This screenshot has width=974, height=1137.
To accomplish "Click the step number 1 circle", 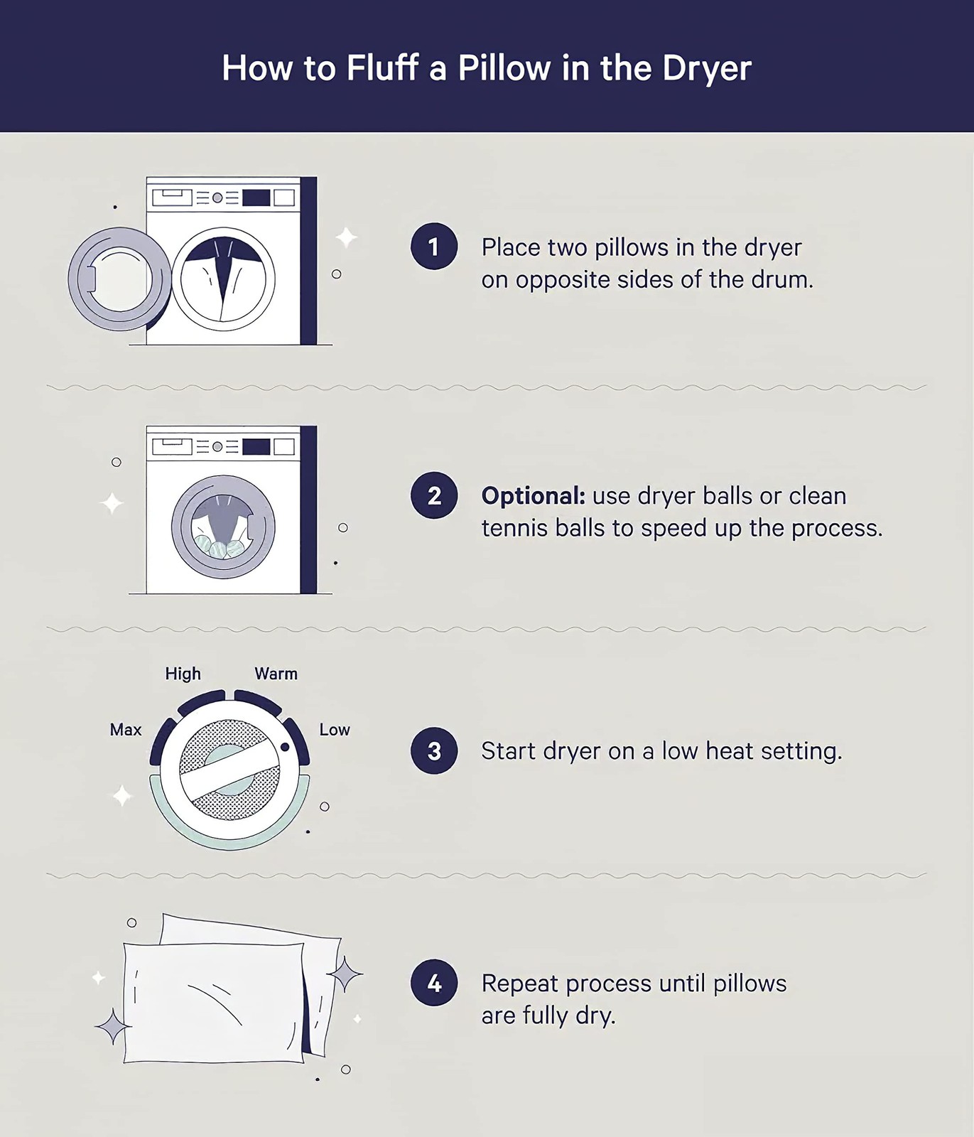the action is (x=433, y=247).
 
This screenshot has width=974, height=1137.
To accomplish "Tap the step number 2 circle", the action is (x=433, y=495).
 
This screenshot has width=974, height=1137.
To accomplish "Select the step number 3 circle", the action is (x=433, y=750).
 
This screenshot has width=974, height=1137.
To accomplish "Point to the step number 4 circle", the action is (x=433, y=983).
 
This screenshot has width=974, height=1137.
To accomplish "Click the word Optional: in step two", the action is (x=533, y=496).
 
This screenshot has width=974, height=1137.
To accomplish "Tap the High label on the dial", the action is (x=183, y=674).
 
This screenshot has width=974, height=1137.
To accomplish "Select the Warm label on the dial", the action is (x=276, y=674).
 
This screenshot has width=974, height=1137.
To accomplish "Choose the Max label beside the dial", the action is (x=126, y=730).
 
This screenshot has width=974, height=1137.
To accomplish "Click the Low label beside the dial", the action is (x=334, y=730).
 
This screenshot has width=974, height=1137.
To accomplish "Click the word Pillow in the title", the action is (x=504, y=68).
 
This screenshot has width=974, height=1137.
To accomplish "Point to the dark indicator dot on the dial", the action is (x=285, y=748).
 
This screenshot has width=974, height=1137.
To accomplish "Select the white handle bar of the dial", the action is (x=229, y=769).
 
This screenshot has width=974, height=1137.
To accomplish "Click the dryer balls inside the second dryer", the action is (x=220, y=546).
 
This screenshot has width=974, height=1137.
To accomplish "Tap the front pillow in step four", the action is (x=214, y=1003).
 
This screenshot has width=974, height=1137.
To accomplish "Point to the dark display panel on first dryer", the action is (x=256, y=198).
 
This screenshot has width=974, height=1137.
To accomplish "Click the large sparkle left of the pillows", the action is (x=112, y=1026).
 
